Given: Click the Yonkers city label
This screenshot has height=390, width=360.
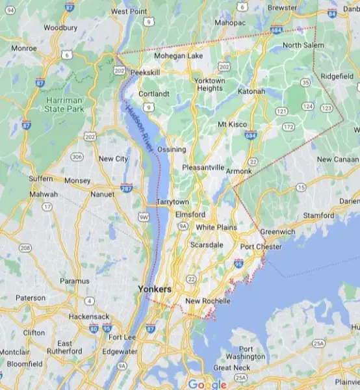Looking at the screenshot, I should (x=153, y=288).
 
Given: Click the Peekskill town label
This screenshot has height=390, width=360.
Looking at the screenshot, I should (x=144, y=72).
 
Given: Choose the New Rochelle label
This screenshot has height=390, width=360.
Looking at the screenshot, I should (x=207, y=301).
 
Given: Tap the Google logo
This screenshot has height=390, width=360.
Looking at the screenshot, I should (x=207, y=384).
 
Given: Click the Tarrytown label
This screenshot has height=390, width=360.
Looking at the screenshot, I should (x=172, y=201).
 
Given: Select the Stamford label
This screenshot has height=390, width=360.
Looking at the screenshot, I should (x=318, y=214).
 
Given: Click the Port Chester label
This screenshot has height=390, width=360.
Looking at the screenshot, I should (x=261, y=247).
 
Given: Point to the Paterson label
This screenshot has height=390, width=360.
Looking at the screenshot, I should (x=31, y=298).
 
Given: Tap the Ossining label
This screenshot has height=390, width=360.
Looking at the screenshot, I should (x=171, y=149).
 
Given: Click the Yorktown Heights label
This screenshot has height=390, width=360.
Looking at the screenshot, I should (x=210, y=84).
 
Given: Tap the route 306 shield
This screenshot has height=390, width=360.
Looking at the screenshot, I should (x=77, y=157).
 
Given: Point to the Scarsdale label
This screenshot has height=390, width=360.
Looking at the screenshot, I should (x=207, y=244).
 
